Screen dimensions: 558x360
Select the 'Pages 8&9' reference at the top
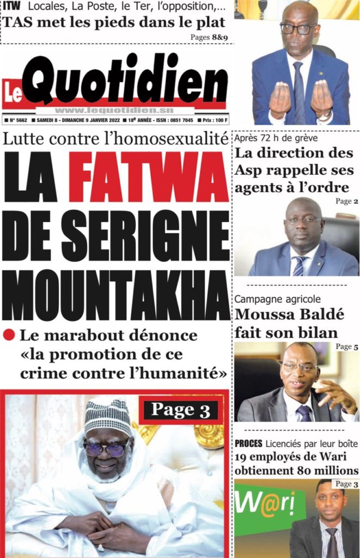pos(209,37)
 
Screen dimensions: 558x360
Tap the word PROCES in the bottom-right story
pos(248,443)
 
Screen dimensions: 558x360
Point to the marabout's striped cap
pos(107,417)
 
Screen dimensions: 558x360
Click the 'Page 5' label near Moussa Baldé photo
pos(347,346)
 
